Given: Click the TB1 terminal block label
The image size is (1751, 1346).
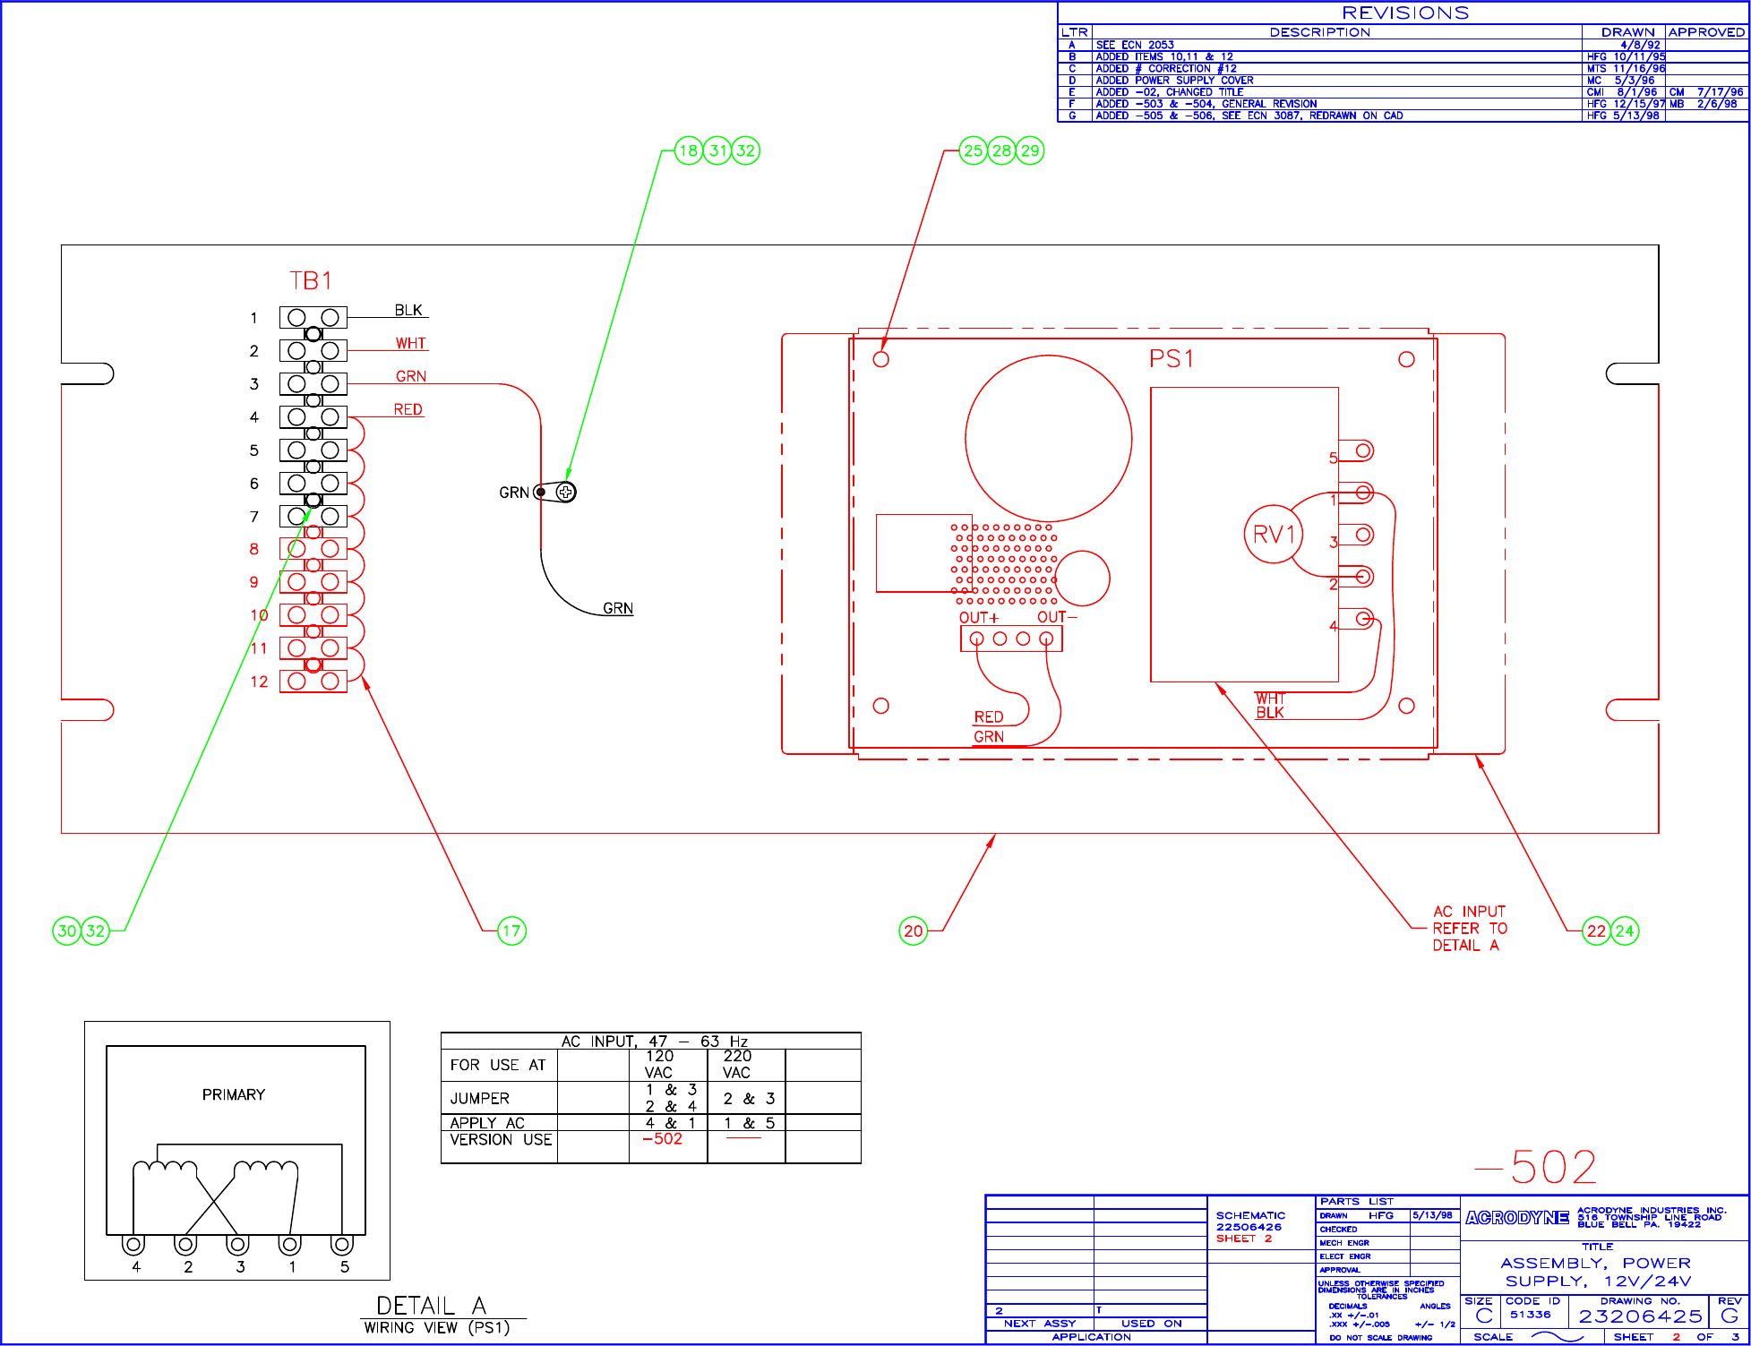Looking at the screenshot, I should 311,281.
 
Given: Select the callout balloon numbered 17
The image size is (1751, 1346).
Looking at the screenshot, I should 511,931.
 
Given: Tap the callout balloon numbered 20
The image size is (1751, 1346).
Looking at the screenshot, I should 913,931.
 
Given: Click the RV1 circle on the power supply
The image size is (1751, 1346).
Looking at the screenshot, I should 1274,535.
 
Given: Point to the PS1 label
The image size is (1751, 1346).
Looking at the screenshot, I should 1172,359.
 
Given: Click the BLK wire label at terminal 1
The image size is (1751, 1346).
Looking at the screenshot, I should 408,310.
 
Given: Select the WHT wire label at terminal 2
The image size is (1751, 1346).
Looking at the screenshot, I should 411,343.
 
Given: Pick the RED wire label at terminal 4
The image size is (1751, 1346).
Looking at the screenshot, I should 408,409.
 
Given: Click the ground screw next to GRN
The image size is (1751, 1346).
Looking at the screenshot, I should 565,492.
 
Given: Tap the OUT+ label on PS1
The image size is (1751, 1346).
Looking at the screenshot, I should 978,618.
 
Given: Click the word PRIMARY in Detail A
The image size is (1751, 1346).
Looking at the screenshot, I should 234,1094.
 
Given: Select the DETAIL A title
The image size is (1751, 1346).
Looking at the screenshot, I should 431,1306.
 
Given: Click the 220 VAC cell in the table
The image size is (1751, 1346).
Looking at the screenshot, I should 736,1064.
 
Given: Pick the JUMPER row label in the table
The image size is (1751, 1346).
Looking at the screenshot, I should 480,1098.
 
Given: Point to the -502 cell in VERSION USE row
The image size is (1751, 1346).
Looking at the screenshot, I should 663,1139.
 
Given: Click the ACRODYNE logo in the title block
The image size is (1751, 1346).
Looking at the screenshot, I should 1517,1218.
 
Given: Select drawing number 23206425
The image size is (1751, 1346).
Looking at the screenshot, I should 1640,1316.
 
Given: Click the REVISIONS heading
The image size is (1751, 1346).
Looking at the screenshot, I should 1405,13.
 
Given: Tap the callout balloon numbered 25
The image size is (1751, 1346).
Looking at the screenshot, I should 974,150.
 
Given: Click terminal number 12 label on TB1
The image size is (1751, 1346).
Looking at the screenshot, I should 259,682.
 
